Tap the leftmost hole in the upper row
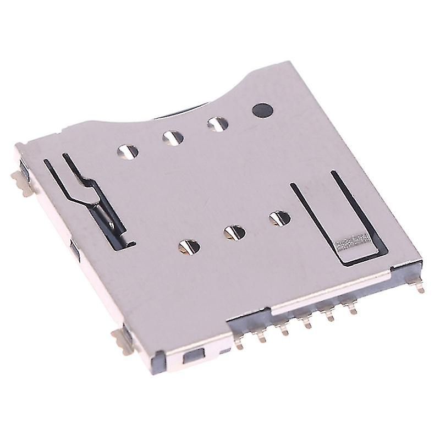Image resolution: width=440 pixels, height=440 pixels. point(126,150)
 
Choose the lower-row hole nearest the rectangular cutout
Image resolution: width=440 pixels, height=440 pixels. point(280,218)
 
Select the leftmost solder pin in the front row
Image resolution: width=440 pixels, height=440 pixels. point(240,343)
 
